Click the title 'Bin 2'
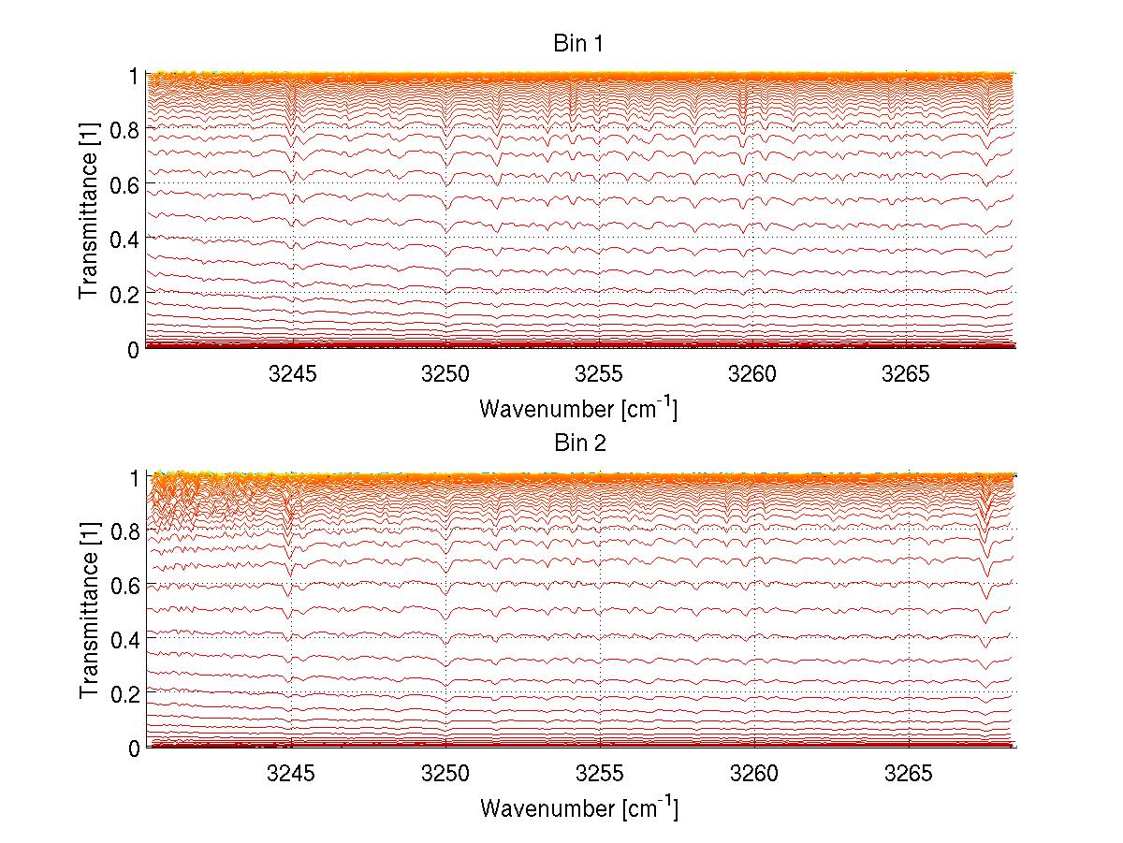click(x=580, y=443)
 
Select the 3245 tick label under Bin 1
click(x=293, y=374)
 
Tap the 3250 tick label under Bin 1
click(x=446, y=374)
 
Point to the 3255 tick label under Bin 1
click(x=600, y=374)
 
